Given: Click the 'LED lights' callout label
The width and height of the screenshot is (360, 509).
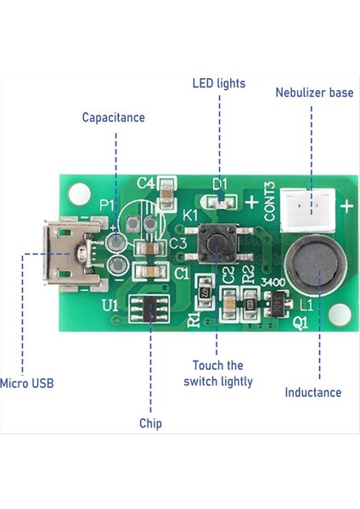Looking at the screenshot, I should coord(218,83).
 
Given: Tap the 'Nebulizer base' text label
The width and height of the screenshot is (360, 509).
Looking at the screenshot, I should coord(314,92).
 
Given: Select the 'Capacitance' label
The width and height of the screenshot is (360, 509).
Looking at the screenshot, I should coord(113,117).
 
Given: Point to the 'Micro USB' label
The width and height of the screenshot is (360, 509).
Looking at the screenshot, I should coord(27,383).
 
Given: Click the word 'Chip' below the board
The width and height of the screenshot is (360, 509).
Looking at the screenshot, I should coord(150,422).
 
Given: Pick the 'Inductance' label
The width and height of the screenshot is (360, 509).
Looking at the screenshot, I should coord(313,392).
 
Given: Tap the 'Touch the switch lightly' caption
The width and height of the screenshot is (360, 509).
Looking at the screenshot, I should coord(218,373).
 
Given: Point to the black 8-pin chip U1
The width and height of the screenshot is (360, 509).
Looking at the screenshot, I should coord(150,310).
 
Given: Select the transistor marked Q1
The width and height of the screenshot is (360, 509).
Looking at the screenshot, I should coord(276,299).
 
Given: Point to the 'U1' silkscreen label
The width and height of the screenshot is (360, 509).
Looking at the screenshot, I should coord(110,303).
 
